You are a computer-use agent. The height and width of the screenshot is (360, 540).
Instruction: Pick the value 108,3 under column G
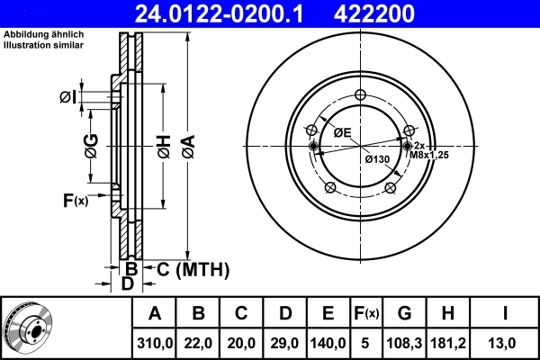[x=404, y=342]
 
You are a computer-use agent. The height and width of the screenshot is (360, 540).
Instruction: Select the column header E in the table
[x=328, y=313]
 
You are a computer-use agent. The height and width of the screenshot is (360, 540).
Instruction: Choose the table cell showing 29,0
[x=285, y=342]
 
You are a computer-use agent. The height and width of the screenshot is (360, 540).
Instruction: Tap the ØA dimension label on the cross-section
[x=187, y=143]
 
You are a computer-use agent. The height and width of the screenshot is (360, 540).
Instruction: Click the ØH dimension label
[x=163, y=145]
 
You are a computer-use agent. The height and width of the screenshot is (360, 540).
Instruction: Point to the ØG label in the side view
[x=91, y=144]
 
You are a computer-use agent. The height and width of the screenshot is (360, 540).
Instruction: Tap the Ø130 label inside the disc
[x=377, y=159]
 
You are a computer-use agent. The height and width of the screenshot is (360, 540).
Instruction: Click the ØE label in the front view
[x=342, y=132]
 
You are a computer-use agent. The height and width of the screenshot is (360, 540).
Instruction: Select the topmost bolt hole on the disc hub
[x=360, y=96]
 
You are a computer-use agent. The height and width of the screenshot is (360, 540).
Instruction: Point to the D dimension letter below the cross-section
[x=127, y=283]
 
